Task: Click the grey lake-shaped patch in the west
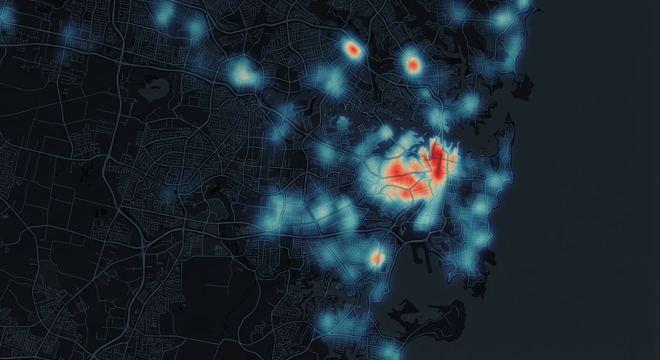pos(154,88)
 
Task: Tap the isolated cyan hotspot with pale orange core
pos(243,74)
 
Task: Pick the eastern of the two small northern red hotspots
pos(413,65)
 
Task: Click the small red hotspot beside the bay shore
pos(377,257)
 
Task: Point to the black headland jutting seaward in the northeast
pos(523,87)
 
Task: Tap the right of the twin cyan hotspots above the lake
pos(196,28)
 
